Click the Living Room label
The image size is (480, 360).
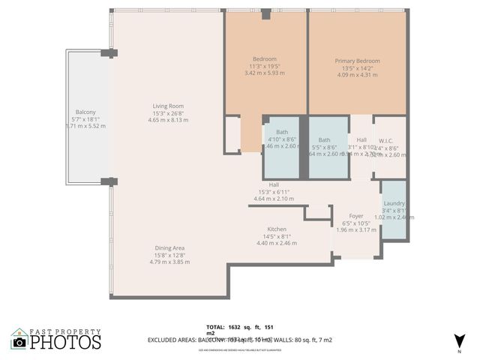click(x=168, y=106)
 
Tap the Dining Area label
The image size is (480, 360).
click(x=169, y=247)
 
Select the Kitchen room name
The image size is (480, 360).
click(x=277, y=229)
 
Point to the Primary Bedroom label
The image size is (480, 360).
click(x=357, y=61)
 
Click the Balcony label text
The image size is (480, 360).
click(x=85, y=112)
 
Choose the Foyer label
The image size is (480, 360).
click(x=356, y=216)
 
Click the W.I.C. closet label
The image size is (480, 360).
click(x=386, y=139)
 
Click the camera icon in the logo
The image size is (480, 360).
click(x=19, y=342)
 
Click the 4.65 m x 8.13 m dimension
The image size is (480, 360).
click(x=168, y=120)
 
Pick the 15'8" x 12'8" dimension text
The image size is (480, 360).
click(x=169, y=255)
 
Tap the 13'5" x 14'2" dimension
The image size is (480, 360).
click(x=357, y=68)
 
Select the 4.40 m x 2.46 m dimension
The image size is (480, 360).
click(x=277, y=243)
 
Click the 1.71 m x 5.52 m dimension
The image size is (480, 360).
click(x=85, y=126)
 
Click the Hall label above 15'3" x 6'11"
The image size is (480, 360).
click(x=274, y=184)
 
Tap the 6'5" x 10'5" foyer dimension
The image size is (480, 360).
click(x=356, y=223)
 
